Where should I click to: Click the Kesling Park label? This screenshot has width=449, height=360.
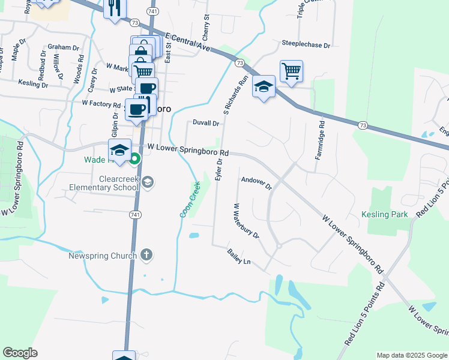[384, 214]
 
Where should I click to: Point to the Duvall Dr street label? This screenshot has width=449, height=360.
[206, 123]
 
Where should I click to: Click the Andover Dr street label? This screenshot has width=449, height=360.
[256, 183]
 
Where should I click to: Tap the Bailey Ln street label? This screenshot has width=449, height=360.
[238, 256]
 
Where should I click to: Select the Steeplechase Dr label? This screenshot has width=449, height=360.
[306, 44]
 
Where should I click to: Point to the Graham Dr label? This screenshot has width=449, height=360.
[64, 47]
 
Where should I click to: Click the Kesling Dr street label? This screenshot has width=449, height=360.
[33, 83]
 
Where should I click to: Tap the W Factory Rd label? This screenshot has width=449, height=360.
[101, 104]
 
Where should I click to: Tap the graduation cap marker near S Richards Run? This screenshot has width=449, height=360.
[264, 88]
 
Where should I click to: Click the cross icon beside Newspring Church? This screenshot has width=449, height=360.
[146, 255]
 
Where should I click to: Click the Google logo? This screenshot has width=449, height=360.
[20, 353]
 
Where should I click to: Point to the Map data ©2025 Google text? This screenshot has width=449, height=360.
[412, 355]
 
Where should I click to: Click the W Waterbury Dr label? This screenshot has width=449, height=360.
[246, 221]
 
